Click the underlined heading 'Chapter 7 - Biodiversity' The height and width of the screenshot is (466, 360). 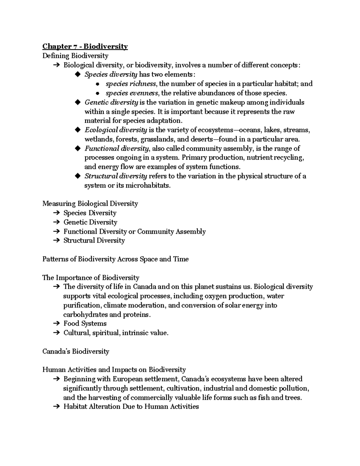tap(85, 47)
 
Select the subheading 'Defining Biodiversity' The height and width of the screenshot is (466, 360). tap(75, 56)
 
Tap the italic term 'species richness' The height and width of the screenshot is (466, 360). tap(130, 84)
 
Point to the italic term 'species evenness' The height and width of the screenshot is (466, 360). tap(132, 93)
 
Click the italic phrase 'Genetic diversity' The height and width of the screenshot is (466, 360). tap(111, 102)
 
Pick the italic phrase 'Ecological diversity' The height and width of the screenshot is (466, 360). tap(115, 130)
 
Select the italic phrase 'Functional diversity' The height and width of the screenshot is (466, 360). tap(116, 149)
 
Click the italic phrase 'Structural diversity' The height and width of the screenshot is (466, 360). tap(115, 176)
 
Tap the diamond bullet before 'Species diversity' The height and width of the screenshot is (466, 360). tap(78, 74)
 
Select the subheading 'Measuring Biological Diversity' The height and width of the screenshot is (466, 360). tap(90, 204)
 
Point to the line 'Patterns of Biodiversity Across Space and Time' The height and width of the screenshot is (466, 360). tap(115, 259)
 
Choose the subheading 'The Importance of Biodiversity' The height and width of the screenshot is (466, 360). tap(91, 278)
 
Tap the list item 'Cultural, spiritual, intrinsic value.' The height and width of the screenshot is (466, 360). tap(116, 333)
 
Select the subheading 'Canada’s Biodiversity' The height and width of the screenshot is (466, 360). tap(76, 351)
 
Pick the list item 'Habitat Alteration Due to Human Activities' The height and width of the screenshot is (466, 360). tap(131, 407)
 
